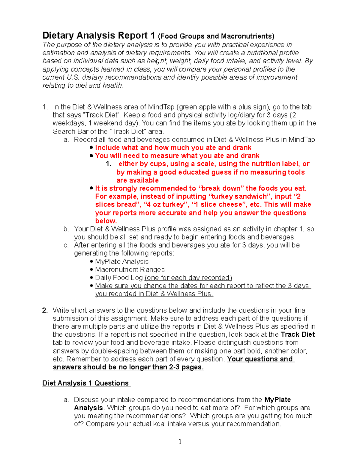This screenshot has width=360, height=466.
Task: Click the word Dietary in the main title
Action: (58, 36)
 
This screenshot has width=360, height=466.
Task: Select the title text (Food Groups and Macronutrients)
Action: (216, 36)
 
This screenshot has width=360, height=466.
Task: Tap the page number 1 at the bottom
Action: (180, 441)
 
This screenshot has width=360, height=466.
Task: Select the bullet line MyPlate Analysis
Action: (121, 262)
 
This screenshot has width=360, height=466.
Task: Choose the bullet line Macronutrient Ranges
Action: (130, 270)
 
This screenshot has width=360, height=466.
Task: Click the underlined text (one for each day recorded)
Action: (188, 278)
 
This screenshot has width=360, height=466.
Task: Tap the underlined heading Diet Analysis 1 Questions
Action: (86, 383)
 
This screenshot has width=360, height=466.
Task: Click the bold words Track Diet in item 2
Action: (298, 335)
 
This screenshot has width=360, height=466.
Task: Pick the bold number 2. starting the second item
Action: (45, 310)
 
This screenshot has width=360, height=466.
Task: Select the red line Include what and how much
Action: (173, 148)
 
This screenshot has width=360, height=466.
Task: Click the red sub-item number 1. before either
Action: (109, 164)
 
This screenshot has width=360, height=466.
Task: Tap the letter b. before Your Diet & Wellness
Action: (66, 229)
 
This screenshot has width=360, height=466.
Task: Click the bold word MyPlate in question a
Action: (277, 400)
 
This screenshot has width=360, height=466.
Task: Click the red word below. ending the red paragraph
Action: (106, 221)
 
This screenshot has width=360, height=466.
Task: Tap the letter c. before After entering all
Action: (66, 245)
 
